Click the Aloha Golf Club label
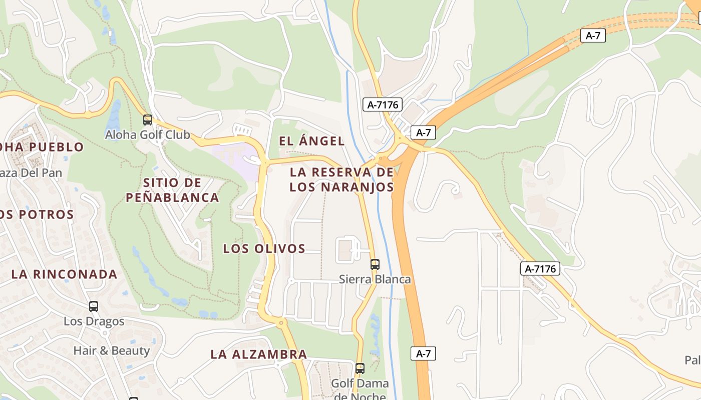[147, 135]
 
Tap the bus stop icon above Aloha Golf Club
[147, 120]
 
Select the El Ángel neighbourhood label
[311, 141]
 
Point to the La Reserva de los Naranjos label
[341, 179]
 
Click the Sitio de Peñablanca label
[172, 190]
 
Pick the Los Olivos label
[264, 248]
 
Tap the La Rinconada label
[64, 274]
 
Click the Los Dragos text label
[94, 321]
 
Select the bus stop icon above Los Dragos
[94, 306]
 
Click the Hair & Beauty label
[111, 350]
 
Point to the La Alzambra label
[258, 354]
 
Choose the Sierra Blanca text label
[375, 279]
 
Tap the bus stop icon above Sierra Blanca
[375, 264]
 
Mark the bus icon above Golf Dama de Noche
[360, 369]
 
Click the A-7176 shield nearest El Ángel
[383, 104]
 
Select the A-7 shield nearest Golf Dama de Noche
[423, 353]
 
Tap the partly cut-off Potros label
[37, 214]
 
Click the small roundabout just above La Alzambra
[280, 322]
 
